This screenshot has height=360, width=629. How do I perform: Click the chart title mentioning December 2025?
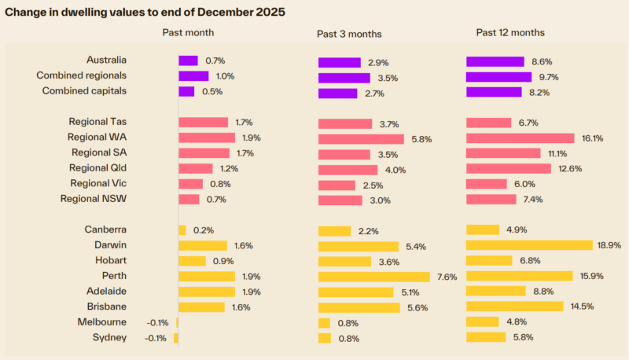click(x=145, y=13)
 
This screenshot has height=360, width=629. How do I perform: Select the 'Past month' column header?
click(x=188, y=32)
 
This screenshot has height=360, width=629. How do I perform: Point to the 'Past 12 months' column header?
click(x=510, y=32)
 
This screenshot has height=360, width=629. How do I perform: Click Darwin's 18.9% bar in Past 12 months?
click(x=529, y=245)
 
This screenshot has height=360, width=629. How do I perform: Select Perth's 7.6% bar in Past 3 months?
click(x=373, y=277)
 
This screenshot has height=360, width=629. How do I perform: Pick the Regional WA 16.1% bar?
click(x=520, y=138)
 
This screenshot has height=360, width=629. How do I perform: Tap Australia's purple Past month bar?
click(x=188, y=61)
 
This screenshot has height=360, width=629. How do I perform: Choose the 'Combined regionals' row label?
click(x=82, y=76)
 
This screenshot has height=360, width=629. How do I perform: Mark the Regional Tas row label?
click(x=97, y=122)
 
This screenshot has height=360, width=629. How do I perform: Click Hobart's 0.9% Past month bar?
click(x=192, y=261)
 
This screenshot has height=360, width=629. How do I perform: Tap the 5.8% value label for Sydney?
click(x=522, y=337)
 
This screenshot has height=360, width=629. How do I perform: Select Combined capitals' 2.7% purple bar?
click(x=338, y=94)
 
